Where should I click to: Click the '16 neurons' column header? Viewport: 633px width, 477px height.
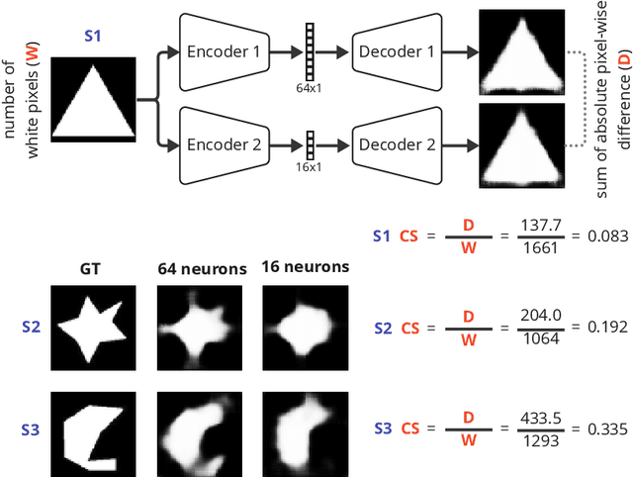[305, 266]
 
